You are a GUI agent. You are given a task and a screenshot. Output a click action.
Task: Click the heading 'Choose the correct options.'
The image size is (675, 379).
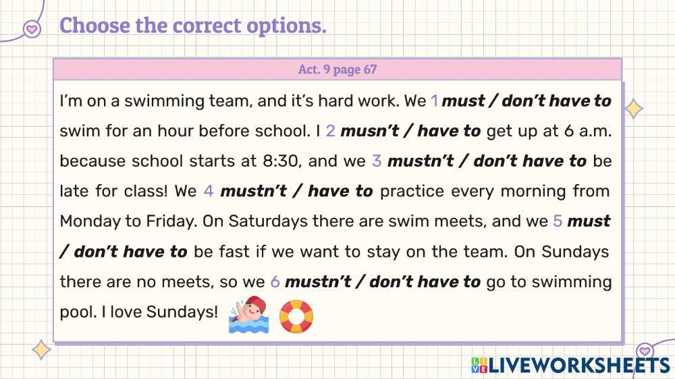193,26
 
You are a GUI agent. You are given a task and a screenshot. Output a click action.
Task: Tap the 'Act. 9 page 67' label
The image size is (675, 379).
337,69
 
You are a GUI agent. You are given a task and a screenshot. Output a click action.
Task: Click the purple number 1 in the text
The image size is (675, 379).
434,101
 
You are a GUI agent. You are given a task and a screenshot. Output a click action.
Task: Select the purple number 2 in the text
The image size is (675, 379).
330,131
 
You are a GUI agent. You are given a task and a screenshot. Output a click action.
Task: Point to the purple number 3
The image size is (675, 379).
377,161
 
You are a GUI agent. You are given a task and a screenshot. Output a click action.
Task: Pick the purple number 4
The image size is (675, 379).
209,192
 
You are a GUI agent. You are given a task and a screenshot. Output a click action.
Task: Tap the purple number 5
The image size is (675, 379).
558,221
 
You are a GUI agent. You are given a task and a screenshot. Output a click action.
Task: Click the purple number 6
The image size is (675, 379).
275,282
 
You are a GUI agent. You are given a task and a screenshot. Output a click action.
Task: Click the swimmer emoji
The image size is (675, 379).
248,315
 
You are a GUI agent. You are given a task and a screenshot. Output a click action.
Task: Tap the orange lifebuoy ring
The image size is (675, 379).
296,316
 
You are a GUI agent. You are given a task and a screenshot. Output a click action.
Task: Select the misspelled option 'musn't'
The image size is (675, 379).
365,131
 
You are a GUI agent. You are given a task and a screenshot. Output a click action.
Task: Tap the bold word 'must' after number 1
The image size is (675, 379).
463,101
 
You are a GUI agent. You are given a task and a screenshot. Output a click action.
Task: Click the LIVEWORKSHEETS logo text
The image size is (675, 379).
578,365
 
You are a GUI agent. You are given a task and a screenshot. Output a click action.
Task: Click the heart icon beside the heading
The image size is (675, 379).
31,28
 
